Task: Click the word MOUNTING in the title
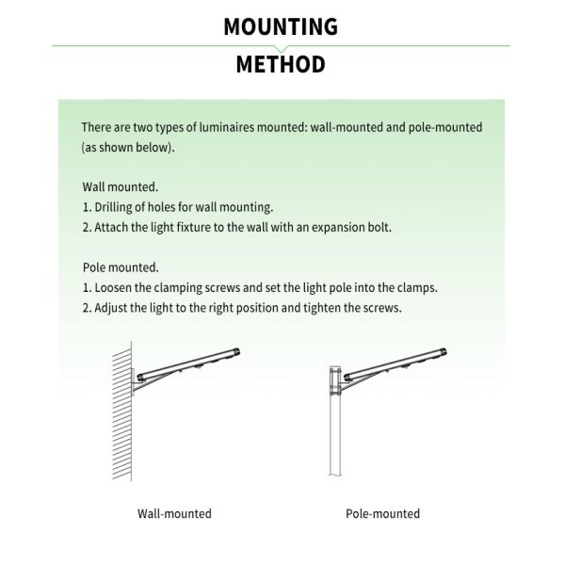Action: (x=281, y=25)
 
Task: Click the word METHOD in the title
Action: (x=281, y=65)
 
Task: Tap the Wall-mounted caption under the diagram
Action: (x=174, y=514)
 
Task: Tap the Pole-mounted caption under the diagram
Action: (x=382, y=514)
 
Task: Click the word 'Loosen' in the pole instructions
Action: (x=114, y=288)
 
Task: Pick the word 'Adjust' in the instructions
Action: (x=111, y=308)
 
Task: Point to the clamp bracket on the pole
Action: (x=337, y=380)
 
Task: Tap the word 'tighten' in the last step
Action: (x=326, y=308)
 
